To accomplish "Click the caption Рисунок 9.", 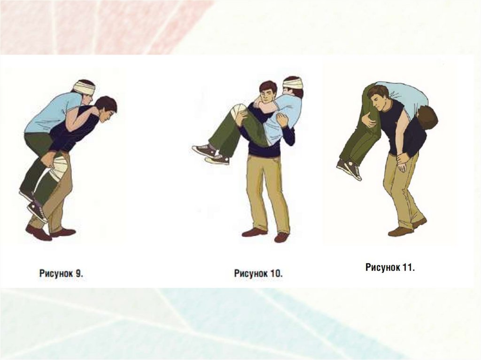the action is (62, 273).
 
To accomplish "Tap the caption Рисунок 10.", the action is (258, 273).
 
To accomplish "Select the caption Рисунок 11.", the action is (390, 267).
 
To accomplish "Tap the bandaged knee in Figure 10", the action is (239, 111).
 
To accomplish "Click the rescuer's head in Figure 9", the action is (106, 109).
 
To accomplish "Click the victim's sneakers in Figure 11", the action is (349, 169).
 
